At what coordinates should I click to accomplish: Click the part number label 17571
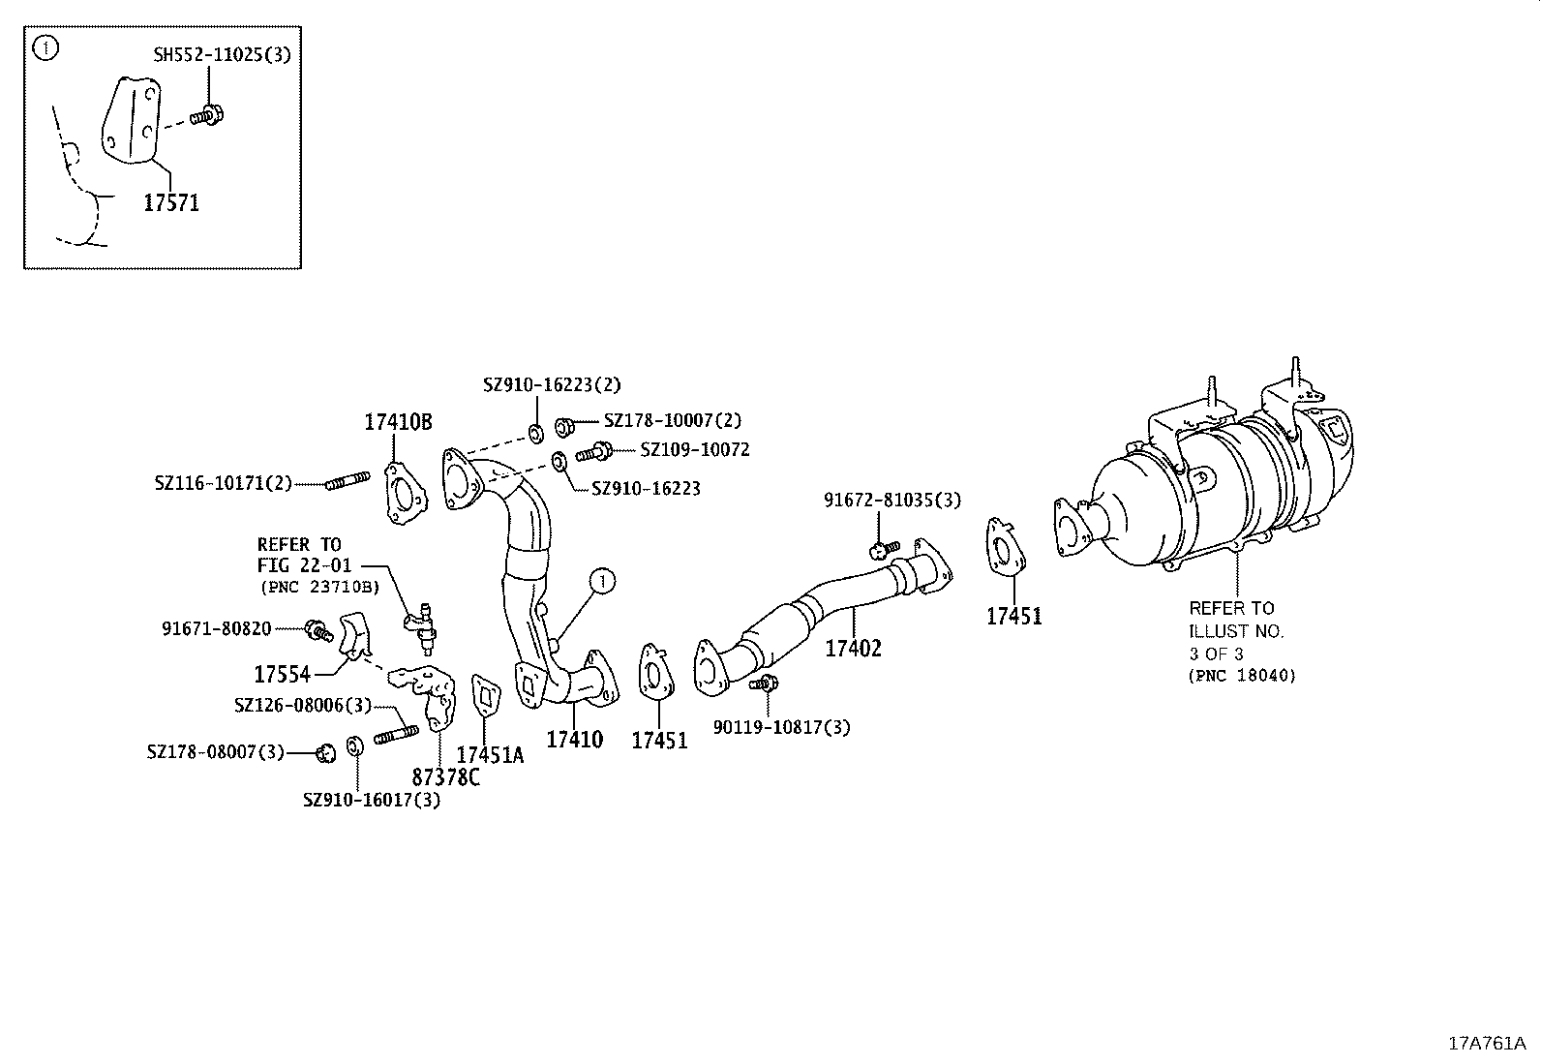(x=171, y=202)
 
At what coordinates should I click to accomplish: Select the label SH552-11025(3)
(x=222, y=54)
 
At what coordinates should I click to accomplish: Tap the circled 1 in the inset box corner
(x=45, y=47)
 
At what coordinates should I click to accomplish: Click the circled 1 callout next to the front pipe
(x=602, y=581)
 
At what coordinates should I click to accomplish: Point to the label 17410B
(x=398, y=422)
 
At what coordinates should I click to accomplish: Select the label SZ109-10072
(x=694, y=450)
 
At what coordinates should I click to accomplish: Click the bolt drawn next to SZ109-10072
(x=593, y=451)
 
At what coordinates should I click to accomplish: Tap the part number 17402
(x=853, y=649)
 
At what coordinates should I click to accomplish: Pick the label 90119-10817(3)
(x=781, y=727)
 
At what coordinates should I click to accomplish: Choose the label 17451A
(x=490, y=755)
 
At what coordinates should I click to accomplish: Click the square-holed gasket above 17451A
(x=486, y=696)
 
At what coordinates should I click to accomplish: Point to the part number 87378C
(x=445, y=776)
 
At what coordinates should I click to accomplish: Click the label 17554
(x=283, y=673)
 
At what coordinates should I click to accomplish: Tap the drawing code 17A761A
(x=1486, y=1043)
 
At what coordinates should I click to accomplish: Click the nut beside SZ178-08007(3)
(x=326, y=751)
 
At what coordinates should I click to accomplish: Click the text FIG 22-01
(x=304, y=565)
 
